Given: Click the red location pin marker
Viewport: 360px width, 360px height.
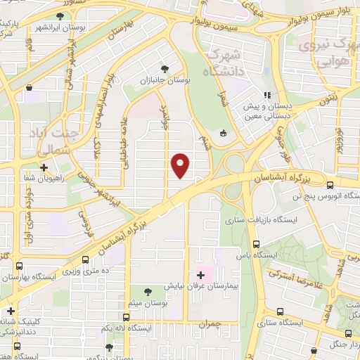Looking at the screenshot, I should click(181, 165).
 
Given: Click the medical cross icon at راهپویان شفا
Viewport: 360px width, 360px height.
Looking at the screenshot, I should click(44, 167).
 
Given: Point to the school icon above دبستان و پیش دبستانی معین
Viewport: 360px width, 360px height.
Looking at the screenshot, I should click(266, 96).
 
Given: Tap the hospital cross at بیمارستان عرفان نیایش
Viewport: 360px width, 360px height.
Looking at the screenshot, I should click(200, 274).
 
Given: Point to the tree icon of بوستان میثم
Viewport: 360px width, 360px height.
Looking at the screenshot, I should click(147, 290).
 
